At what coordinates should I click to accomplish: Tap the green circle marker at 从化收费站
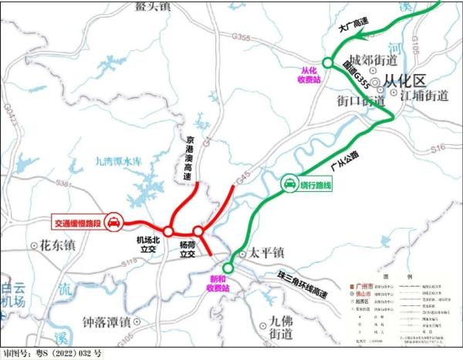click(x=327, y=62)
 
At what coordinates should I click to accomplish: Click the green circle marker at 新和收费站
click(x=227, y=267)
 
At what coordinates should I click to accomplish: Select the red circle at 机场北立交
click(x=168, y=230)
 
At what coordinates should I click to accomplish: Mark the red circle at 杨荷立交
click(x=198, y=230)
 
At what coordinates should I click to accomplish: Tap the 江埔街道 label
click(x=424, y=96)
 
